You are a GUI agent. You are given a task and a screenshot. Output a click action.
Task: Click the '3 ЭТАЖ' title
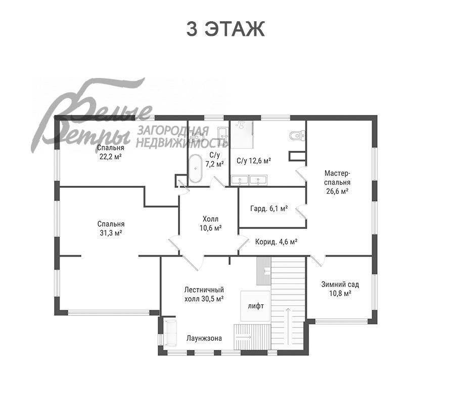click(x=225, y=29)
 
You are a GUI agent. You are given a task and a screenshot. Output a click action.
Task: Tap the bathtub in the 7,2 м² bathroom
click(x=196, y=169)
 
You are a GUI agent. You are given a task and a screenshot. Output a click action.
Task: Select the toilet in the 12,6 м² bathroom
click(x=297, y=135)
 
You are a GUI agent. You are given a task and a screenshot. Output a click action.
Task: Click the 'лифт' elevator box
click(x=255, y=306)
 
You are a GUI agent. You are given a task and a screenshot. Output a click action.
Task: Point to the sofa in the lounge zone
click(x=170, y=333)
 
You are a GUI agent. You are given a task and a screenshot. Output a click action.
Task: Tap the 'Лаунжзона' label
click(x=204, y=339)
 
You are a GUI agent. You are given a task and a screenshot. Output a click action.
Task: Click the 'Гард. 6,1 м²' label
click(x=269, y=208)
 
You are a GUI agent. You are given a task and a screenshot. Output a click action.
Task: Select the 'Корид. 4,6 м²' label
click(x=276, y=241)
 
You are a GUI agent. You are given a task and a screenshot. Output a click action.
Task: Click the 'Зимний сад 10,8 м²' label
click(x=340, y=289)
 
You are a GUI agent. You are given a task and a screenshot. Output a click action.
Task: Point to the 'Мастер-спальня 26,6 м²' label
click(x=338, y=182)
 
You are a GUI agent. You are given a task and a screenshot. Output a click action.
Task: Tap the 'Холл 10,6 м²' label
click(x=211, y=223)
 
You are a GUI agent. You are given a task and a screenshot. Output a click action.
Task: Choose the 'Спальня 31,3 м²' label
click(x=111, y=228)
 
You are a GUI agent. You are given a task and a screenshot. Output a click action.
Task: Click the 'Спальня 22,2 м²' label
click(x=111, y=152)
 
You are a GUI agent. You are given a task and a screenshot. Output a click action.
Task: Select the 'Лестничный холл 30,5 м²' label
click(x=204, y=294)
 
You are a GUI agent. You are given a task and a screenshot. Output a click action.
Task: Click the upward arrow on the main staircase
click(x=288, y=325)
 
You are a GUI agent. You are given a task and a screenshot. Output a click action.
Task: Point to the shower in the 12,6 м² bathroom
click(x=242, y=134)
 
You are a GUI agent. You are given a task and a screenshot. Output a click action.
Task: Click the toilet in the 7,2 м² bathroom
click(x=197, y=137)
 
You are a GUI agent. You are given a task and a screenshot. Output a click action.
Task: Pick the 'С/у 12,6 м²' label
click(x=254, y=160)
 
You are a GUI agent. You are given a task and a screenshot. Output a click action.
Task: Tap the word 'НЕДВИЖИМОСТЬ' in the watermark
click(x=182, y=143)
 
